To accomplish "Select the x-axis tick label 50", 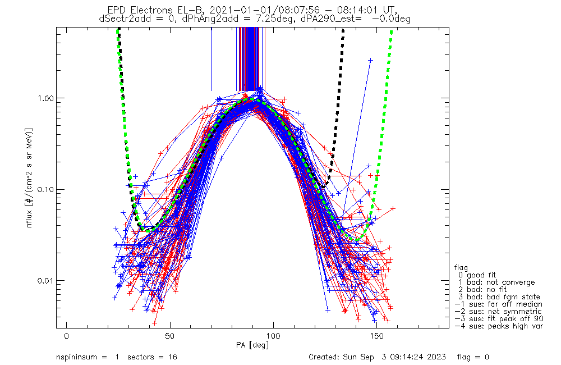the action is pos(170,336).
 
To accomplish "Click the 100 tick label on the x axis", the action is pos(273,336).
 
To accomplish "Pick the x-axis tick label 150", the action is pos(377,336).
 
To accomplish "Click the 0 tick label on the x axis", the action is pos(67,336).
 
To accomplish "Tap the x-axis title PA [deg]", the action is pos(252,345).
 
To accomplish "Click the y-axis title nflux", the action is pos(29,218).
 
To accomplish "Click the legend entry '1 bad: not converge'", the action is pos(496,282).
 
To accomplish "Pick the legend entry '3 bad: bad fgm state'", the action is pos(499,297).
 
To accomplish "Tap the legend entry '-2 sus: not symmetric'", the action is pos(498,312).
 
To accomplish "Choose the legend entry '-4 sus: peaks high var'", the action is pos(499,326).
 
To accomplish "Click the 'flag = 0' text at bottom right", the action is pos(473,357).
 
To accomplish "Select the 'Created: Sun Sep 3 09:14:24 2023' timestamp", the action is pos(377,357).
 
